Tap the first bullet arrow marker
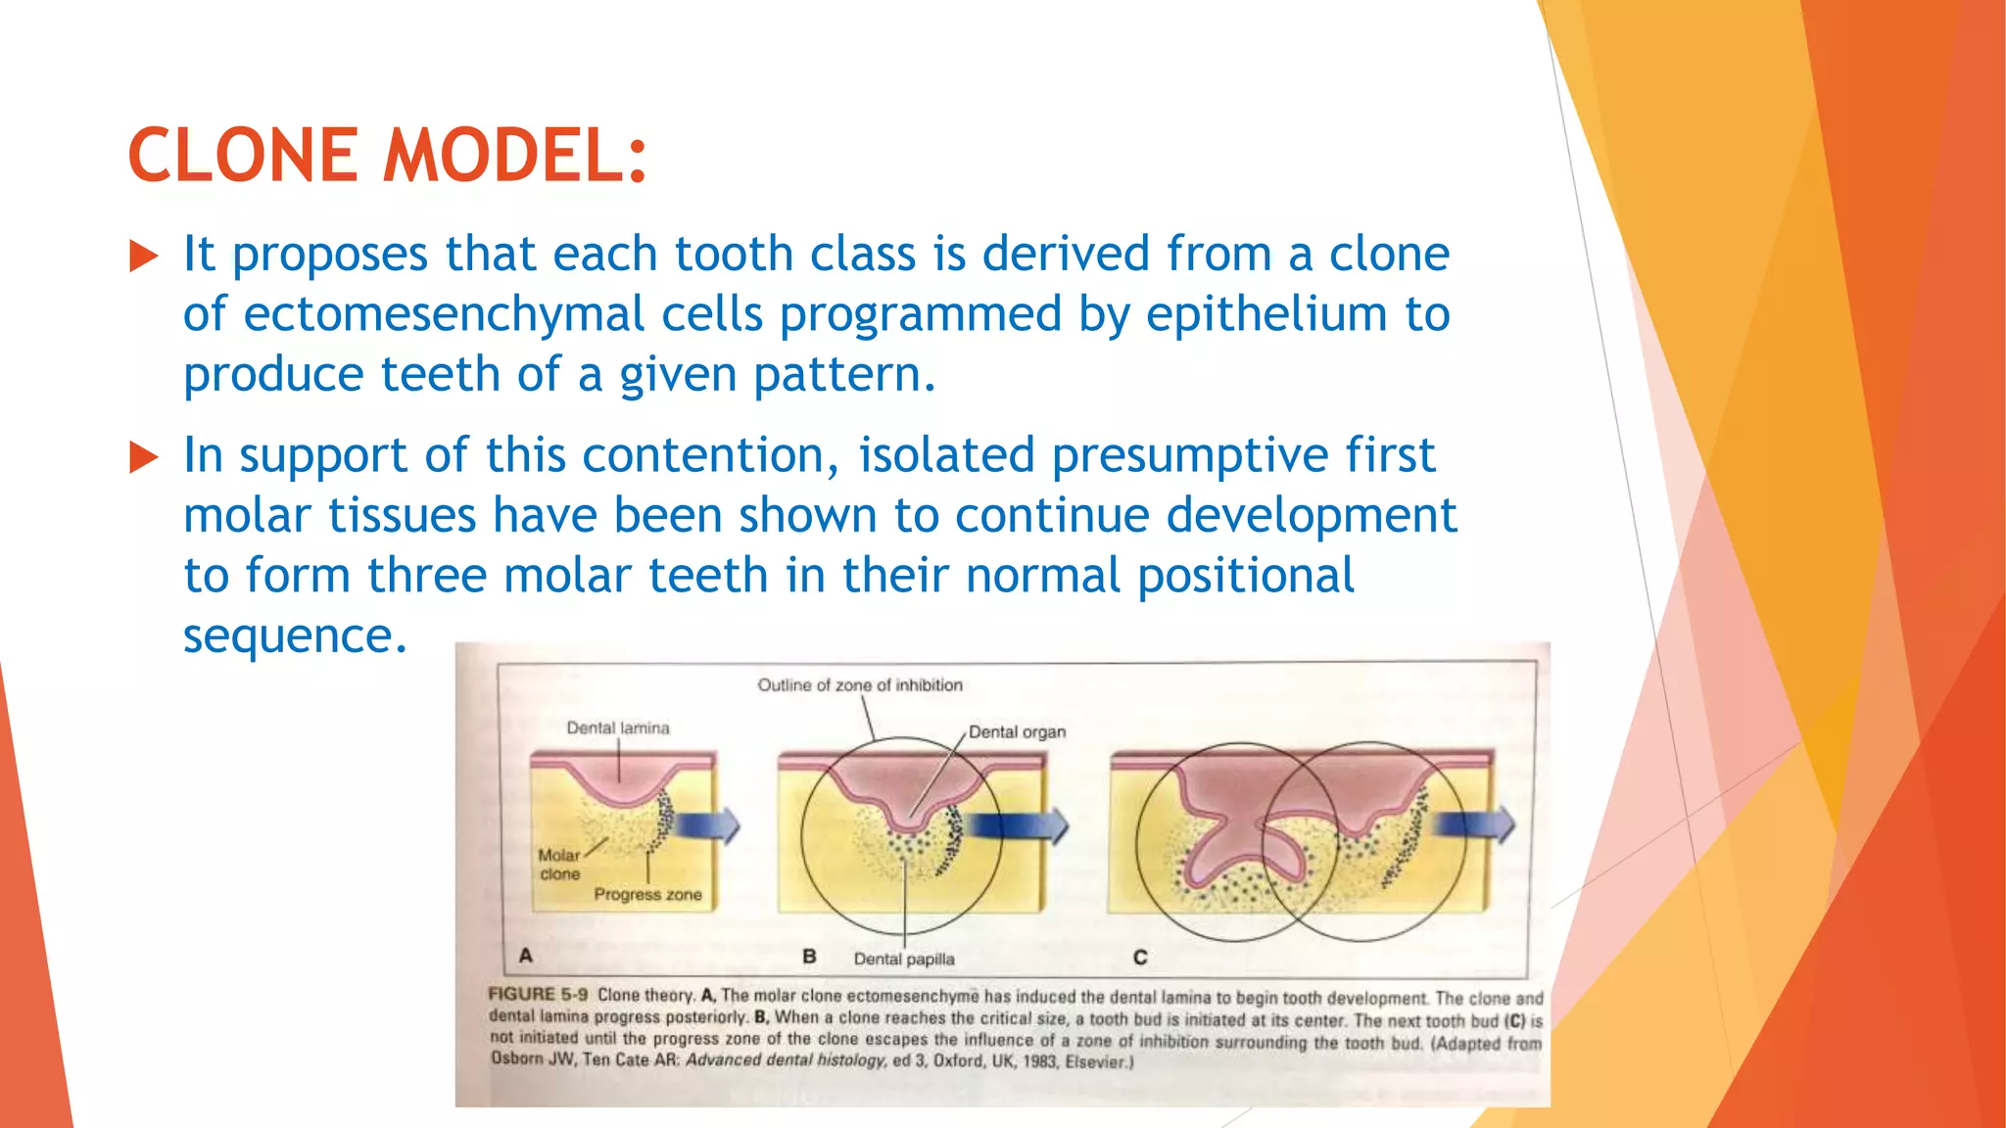pyautogui.click(x=144, y=258)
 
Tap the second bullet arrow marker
pyautogui.click(x=144, y=457)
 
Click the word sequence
pyautogui.click(x=294, y=636)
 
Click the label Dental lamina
pyautogui.click(x=618, y=728)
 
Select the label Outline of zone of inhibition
pyautogui.click(x=860, y=684)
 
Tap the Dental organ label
pyautogui.click(x=1017, y=731)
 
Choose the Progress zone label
pyautogui.click(x=647, y=894)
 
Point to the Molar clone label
pyautogui.click(x=559, y=864)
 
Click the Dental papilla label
pyautogui.click(x=903, y=959)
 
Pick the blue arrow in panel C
pyautogui.click(x=1474, y=824)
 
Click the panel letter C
pyautogui.click(x=1140, y=957)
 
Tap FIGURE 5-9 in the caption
pyautogui.click(x=538, y=994)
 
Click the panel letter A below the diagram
pyautogui.click(x=526, y=955)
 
